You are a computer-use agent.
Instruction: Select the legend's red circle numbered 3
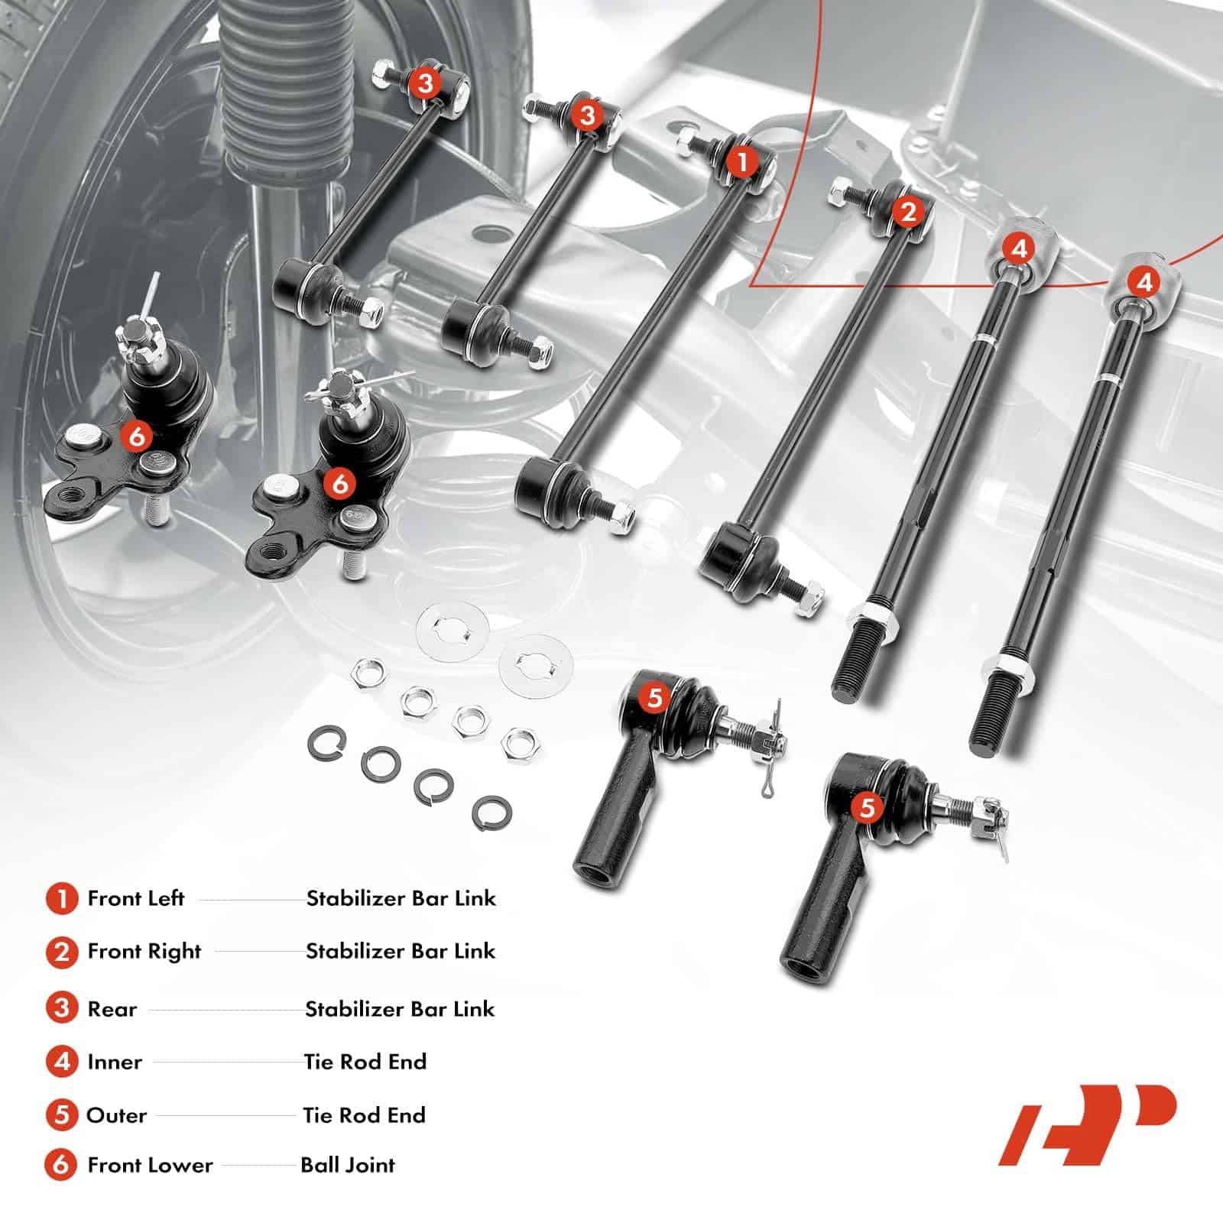62,1008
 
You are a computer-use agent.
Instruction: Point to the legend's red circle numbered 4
62,1062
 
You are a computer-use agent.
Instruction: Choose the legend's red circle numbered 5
62,1115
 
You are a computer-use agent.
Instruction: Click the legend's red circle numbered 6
62,1165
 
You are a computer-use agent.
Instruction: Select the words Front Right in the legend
144,951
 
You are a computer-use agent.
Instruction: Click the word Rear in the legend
112,1009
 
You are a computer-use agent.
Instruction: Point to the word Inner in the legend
115,1062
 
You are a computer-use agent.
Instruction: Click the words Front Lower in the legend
150,1165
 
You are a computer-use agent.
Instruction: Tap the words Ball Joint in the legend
348,1165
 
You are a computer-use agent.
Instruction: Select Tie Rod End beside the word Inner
365,1062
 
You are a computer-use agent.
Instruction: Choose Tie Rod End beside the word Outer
365,1115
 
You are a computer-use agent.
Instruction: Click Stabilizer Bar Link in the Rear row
401,1009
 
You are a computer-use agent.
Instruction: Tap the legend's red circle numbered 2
62,952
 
